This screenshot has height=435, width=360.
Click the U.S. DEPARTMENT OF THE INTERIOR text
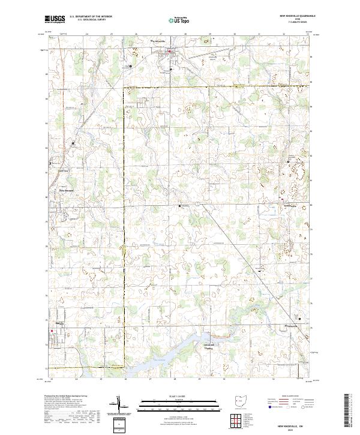point(91,17)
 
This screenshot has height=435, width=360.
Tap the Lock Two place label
point(63,170)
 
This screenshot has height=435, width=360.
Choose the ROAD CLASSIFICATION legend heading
point(290,397)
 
